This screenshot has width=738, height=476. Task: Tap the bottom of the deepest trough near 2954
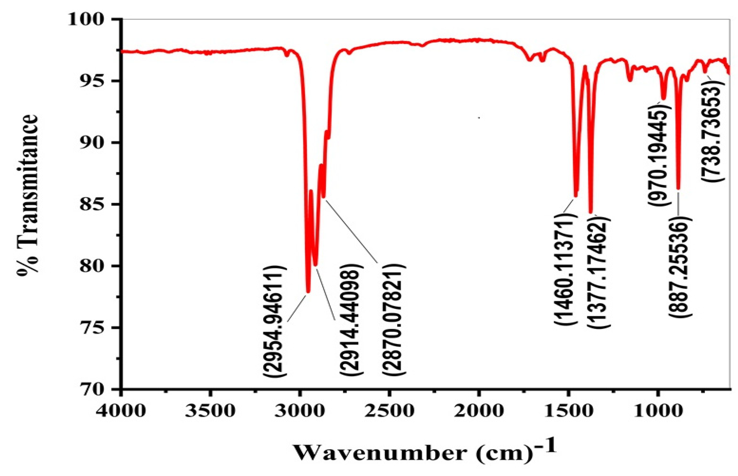308,291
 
